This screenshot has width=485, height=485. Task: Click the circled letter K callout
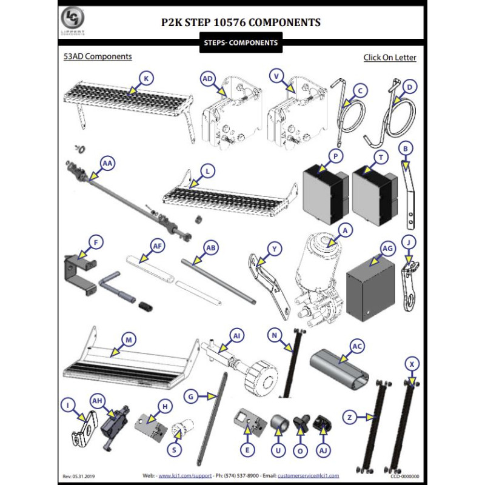146,78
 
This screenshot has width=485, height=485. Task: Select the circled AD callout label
208,79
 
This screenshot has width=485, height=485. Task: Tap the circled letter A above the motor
344,230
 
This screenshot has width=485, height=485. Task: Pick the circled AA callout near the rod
107,163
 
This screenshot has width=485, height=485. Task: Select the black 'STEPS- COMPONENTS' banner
242,43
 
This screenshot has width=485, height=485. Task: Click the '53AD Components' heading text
98,56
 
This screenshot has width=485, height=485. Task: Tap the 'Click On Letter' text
390,58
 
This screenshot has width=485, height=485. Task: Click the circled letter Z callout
350,417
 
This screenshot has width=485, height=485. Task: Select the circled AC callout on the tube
357,346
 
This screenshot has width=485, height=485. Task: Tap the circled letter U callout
278,450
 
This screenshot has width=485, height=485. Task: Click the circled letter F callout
95,243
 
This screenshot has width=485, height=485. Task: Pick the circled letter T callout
381,156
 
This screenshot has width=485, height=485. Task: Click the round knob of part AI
263,378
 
